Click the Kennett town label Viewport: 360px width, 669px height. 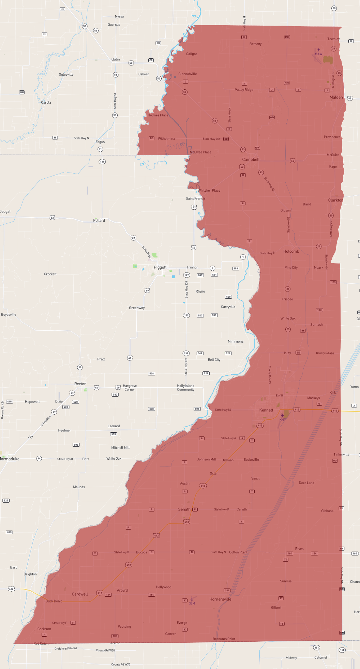(266, 410)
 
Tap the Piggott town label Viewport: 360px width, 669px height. (160, 267)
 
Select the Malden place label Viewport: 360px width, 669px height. (336, 97)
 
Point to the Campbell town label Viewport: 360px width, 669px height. (251, 160)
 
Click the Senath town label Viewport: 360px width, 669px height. (184, 509)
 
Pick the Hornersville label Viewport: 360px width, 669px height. (220, 599)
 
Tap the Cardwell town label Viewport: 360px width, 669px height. (80, 594)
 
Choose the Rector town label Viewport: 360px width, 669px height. (80, 384)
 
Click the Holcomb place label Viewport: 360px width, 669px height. (291, 251)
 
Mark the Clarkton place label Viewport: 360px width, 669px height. (335, 200)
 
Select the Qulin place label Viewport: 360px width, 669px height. (116, 59)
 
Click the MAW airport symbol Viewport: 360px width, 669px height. (318, 50)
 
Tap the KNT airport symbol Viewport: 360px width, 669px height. (282, 416)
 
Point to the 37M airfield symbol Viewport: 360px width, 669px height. (192, 599)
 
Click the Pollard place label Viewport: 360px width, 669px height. (99, 221)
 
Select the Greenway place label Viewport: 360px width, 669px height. (137, 308)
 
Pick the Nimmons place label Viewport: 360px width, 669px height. (236, 341)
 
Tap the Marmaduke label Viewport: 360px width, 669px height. (10, 459)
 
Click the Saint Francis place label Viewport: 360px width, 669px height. (195, 198)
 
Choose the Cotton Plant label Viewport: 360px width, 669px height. (238, 552)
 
